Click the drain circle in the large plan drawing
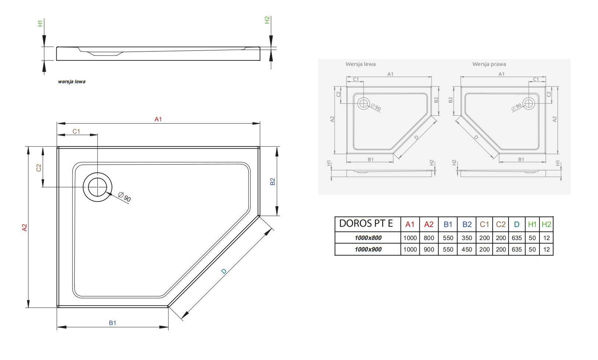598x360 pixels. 98,187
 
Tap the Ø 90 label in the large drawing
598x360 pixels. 124,197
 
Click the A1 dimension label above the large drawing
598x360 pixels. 158,119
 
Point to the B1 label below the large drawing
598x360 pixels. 112,323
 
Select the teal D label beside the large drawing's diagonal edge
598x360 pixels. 224,271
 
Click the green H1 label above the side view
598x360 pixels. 40,24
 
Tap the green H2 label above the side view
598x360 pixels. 267,20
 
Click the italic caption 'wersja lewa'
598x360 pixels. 71,82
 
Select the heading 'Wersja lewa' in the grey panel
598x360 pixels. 360,64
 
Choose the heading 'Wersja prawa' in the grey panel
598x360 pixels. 489,64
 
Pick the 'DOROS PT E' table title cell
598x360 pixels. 366,223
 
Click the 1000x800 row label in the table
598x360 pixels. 368,238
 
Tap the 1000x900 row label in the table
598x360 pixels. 368,250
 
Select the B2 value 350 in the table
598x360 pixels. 467,238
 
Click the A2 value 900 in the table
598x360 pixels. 429,250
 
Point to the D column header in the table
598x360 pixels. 517,225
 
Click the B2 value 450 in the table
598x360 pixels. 467,250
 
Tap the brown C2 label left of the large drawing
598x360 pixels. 39,167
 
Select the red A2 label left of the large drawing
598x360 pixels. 24,227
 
